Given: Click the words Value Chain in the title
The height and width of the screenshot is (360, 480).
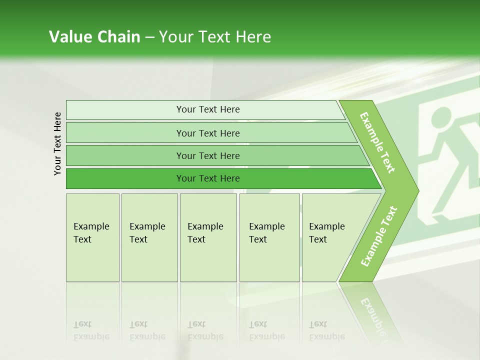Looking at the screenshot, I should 94,37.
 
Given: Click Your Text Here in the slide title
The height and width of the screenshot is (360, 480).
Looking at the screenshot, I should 215,37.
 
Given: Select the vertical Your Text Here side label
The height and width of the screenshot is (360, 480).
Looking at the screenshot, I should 57,144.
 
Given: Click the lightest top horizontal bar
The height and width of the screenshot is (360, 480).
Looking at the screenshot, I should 207,109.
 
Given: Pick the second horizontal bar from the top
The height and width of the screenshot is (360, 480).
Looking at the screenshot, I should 207,133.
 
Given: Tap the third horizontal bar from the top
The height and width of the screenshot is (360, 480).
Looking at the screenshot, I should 207,155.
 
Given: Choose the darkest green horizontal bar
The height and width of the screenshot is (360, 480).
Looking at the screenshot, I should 207,178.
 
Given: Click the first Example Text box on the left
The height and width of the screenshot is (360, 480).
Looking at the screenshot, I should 92,237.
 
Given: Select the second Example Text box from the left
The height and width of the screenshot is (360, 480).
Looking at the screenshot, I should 149,237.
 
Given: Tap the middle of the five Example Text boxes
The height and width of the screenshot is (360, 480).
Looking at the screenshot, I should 208,237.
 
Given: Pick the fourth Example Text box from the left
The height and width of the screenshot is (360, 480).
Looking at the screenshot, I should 269,237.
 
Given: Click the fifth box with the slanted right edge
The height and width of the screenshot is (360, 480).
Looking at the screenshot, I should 330,237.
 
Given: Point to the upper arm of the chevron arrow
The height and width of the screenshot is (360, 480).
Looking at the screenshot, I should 377,142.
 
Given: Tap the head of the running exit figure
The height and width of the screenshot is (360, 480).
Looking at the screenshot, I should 440,118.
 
